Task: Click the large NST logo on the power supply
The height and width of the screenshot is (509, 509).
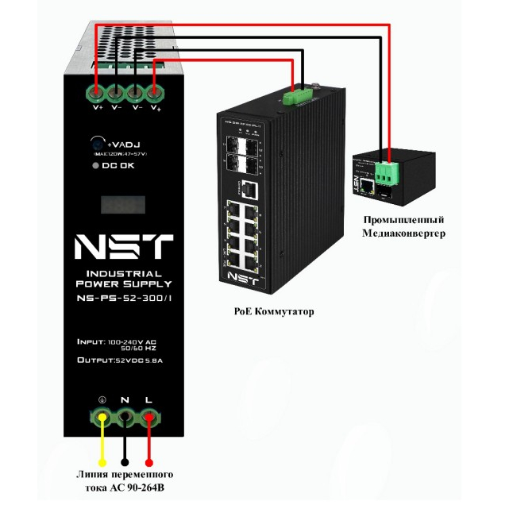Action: [123, 247]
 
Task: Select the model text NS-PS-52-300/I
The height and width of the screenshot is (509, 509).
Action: [123, 299]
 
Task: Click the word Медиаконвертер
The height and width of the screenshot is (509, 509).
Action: [404, 233]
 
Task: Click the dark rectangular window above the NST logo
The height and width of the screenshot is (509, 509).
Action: [123, 205]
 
